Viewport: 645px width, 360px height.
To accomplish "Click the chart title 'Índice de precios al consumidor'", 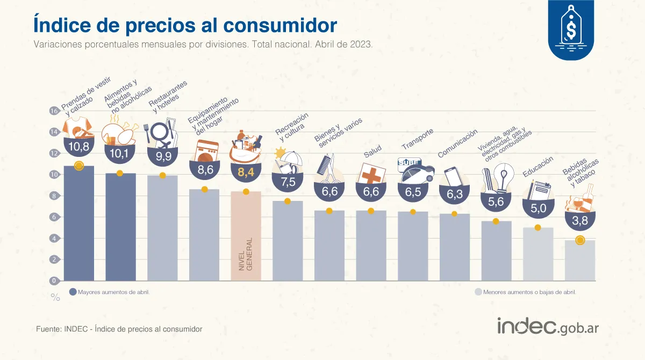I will [x=185, y=25].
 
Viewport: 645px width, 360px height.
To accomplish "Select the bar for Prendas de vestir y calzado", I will [x=78, y=226].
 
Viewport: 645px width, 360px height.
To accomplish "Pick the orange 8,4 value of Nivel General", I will [x=246, y=172].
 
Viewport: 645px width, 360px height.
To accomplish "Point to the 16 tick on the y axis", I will [x=53, y=111].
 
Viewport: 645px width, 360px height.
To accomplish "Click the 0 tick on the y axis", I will [x=53, y=280].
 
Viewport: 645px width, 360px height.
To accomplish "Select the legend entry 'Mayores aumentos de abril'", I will [x=110, y=292].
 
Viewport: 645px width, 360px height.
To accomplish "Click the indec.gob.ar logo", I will [x=548, y=327].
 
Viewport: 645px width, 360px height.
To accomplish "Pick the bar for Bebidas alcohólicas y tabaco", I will [x=580, y=261].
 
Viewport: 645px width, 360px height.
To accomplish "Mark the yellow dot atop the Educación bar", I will [x=538, y=228].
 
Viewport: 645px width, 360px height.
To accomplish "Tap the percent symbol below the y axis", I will [x=55, y=297].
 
